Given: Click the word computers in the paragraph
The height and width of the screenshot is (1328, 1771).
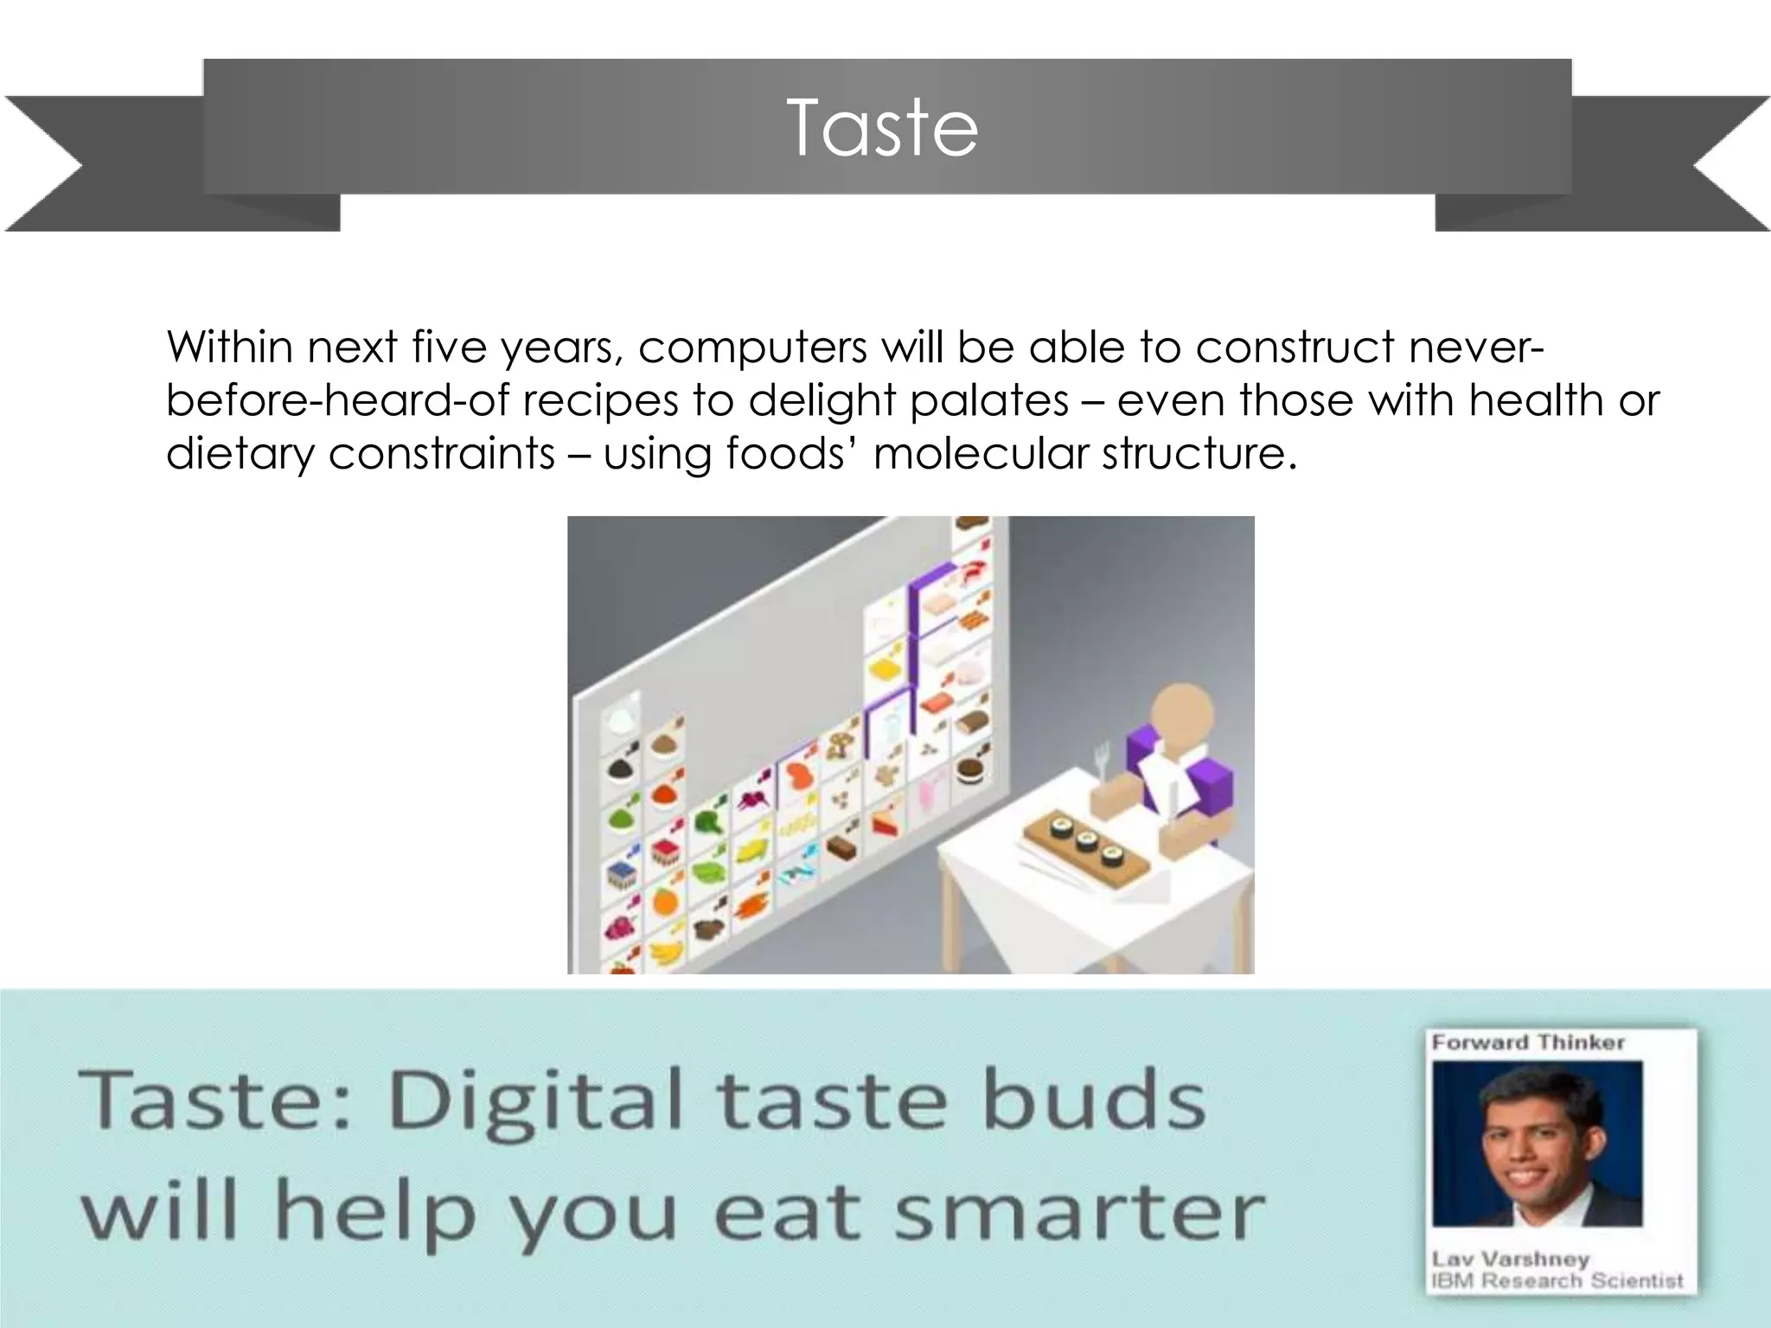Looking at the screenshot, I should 752,348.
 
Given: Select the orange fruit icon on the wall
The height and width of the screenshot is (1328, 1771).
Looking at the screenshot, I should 664,902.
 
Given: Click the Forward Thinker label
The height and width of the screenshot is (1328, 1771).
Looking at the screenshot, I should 1527,1043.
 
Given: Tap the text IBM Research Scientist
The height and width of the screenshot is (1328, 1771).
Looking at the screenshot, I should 1557,1280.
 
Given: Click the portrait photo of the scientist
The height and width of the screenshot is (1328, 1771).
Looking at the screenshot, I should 1537,1143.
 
